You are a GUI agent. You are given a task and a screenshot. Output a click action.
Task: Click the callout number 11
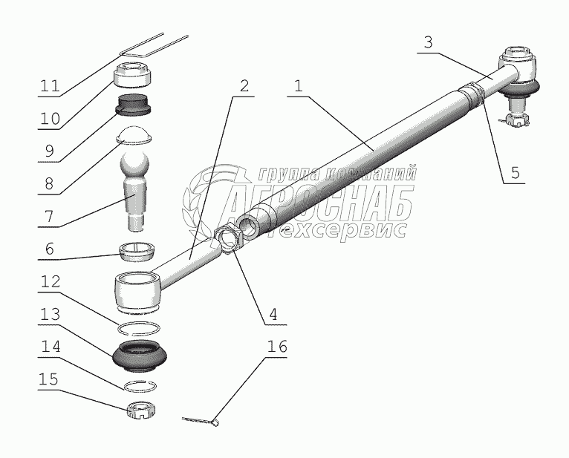tap(50, 86)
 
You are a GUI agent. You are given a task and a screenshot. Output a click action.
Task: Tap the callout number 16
tap(277, 347)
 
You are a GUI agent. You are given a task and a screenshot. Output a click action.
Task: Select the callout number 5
tap(515, 173)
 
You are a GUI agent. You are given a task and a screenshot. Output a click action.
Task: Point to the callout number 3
tap(428, 42)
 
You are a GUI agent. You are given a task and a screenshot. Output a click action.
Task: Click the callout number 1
tap(298, 86)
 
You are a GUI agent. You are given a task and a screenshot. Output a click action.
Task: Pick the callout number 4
tap(273, 314)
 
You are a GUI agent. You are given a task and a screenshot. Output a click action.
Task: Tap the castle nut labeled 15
tap(141, 411)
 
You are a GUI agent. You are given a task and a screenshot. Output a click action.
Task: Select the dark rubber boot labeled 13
tap(140, 356)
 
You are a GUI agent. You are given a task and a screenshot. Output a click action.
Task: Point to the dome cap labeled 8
tap(134, 135)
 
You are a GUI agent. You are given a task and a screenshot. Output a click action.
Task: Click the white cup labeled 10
tap(133, 74)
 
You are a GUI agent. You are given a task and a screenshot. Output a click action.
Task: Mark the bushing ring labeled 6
tap(137, 251)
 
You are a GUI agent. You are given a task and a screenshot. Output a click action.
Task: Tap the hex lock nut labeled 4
tap(229, 241)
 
